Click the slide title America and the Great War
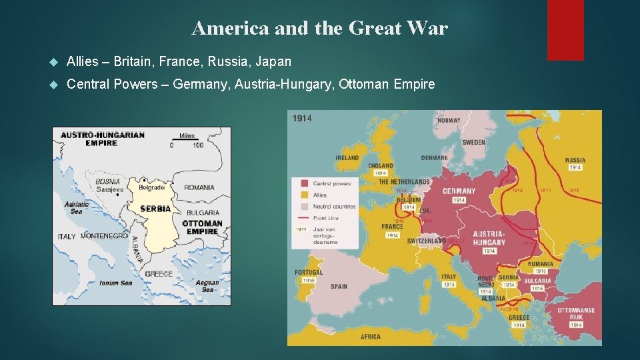(x=319, y=28)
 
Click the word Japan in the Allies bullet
(x=274, y=62)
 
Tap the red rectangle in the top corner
(x=565, y=30)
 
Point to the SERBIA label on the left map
(x=155, y=209)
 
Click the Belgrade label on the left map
(x=151, y=188)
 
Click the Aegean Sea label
(x=207, y=286)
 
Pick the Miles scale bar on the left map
(x=187, y=140)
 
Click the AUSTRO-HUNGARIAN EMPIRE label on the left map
(x=102, y=139)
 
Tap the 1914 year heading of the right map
(x=302, y=119)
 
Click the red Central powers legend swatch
(x=304, y=183)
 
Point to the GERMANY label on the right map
(x=459, y=191)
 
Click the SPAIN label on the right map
(x=339, y=287)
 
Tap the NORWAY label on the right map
(x=449, y=121)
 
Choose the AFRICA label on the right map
(x=371, y=337)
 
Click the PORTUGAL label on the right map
(x=309, y=272)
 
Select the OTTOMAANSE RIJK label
(x=576, y=314)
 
